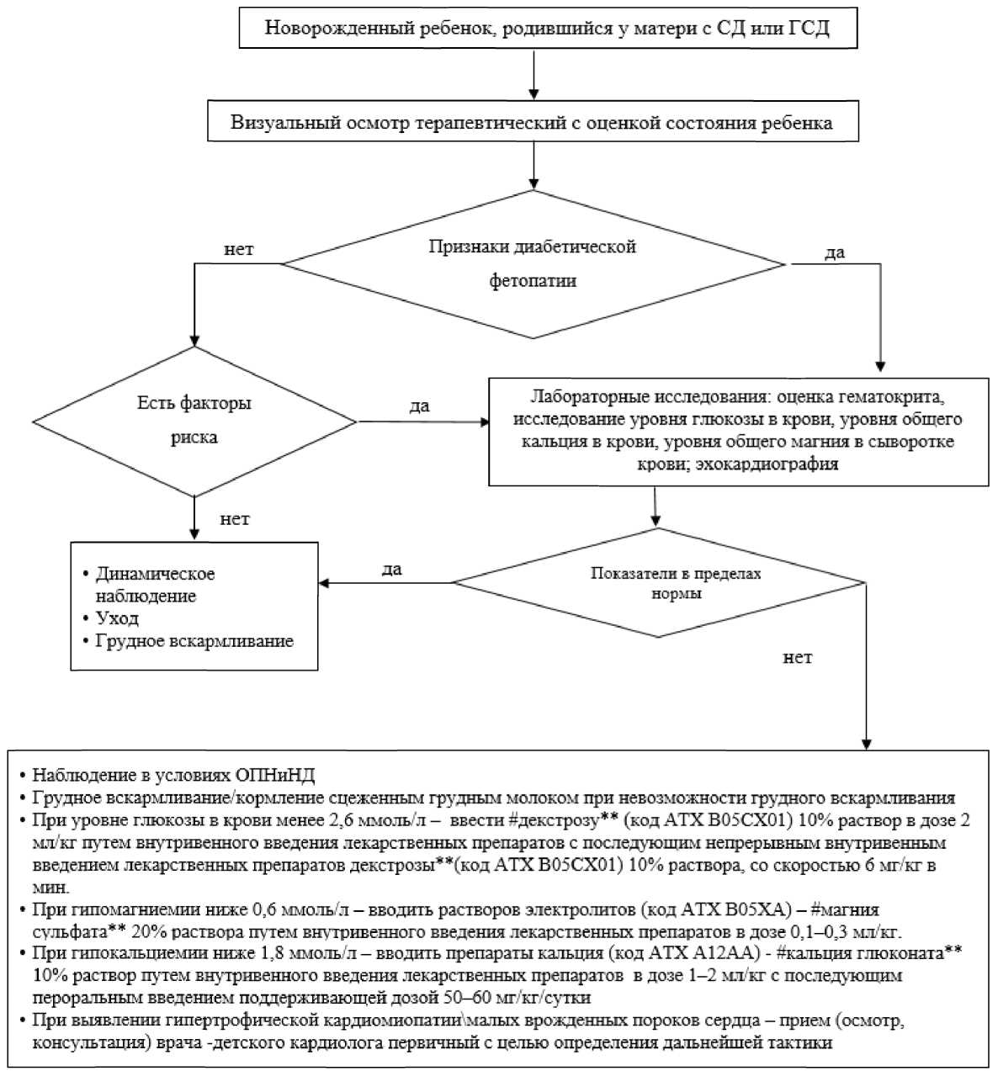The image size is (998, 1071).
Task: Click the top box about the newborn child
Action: (548, 28)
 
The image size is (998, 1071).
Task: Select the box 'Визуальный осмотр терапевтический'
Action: (533, 120)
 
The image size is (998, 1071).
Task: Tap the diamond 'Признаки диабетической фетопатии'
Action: (533, 264)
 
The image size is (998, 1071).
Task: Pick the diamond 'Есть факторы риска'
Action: (194, 422)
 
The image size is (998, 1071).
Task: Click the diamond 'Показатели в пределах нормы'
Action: (659, 582)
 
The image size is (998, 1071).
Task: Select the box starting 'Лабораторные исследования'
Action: (739, 432)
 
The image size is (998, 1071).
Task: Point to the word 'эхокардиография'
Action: (767, 464)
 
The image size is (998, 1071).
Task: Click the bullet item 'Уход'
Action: (116, 618)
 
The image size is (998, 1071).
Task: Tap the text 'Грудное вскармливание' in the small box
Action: (194, 640)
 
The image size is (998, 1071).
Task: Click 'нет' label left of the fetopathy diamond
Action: (238, 249)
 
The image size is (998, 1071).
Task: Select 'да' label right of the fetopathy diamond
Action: (834, 252)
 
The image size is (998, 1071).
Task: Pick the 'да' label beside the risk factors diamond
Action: (419, 406)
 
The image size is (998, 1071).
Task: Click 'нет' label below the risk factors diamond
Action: (235, 519)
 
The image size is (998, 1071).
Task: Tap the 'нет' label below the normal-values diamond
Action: (798, 657)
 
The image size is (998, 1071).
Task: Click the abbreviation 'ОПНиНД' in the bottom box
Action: (275, 775)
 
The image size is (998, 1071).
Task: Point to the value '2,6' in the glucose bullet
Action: (340, 820)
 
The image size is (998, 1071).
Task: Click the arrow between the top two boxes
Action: (533, 74)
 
